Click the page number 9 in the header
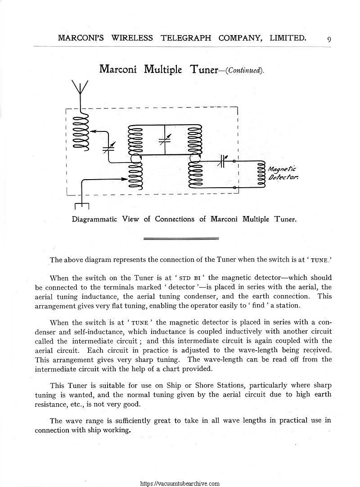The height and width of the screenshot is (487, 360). [329, 39]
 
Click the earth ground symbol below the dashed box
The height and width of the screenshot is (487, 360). [81, 206]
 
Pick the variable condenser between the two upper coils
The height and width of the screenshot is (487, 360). [165, 138]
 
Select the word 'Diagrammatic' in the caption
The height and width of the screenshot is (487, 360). [94, 219]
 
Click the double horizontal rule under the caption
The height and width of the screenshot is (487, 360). [180, 239]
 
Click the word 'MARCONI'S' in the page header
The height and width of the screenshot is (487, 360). [81, 38]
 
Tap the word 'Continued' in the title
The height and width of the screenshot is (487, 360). [245, 70]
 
